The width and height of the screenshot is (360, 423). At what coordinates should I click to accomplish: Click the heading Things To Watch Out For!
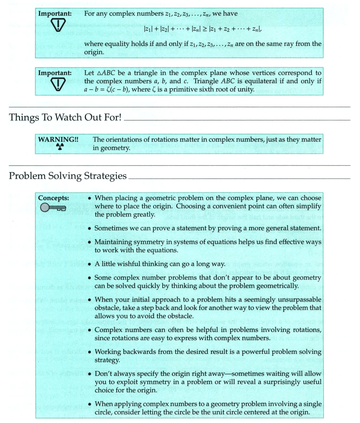click(65, 117)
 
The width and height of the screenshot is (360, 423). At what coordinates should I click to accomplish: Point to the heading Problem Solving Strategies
click(67, 176)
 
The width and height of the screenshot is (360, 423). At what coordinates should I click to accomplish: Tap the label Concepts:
click(53, 198)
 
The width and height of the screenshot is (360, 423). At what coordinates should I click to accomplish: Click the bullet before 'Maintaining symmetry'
click(90, 242)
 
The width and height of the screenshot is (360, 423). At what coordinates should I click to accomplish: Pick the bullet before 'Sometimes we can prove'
click(90, 228)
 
